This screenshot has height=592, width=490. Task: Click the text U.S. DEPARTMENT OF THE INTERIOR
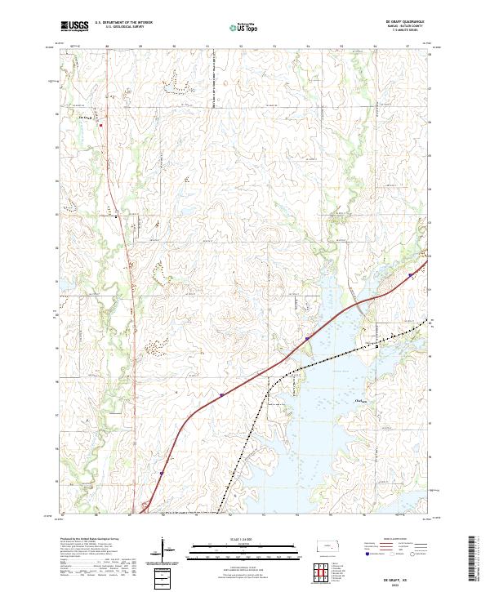(123, 23)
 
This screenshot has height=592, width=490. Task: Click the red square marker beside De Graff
(100, 125)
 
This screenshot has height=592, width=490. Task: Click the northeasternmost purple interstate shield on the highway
(409, 277)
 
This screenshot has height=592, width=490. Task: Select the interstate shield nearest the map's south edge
(162, 473)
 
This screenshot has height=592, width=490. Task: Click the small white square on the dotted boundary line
(376, 346)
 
